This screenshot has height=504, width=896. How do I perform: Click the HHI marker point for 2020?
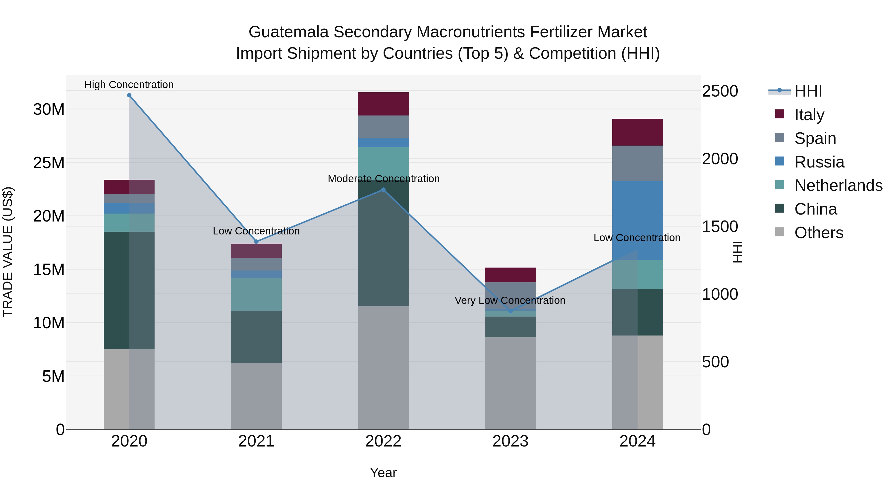(129, 95)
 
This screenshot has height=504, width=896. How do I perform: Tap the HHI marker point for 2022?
(383, 190)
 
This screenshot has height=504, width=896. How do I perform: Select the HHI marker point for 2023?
(510, 311)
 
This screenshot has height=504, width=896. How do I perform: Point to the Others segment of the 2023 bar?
(510, 383)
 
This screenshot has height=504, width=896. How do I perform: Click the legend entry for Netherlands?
(838, 185)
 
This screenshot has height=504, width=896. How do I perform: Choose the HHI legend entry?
(808, 91)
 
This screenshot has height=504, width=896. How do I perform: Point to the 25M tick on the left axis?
(49, 163)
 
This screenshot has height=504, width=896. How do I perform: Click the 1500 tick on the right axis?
(720, 226)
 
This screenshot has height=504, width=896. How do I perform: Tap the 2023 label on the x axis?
(510, 441)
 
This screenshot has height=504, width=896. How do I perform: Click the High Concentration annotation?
(129, 85)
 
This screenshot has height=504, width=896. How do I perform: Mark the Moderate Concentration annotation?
(383, 179)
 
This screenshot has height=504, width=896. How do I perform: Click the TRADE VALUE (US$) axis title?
(8, 252)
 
